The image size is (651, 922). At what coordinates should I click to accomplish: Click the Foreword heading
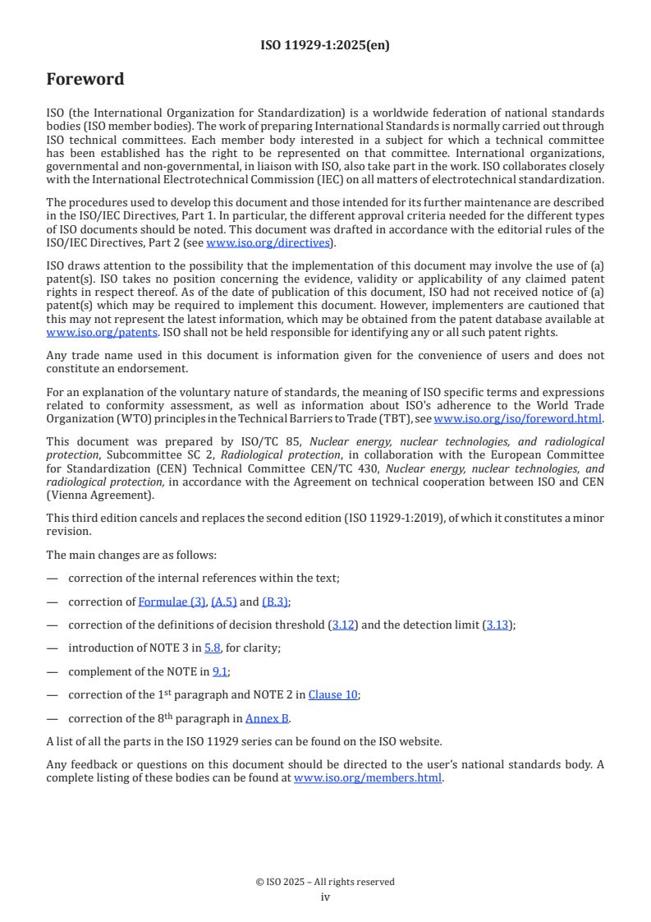click(x=85, y=80)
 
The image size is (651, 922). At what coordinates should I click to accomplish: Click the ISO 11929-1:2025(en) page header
click(x=325, y=45)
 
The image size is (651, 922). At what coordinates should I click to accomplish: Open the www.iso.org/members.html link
click(x=368, y=777)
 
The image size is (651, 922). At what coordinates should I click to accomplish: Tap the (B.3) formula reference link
click(x=275, y=602)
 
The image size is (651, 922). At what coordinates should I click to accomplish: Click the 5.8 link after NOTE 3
click(x=213, y=648)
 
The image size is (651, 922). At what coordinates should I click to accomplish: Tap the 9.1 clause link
click(x=220, y=671)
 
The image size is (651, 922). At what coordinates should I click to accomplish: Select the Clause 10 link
click(x=332, y=694)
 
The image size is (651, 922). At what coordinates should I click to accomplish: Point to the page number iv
click(x=325, y=897)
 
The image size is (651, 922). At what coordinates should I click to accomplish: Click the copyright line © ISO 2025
click(x=325, y=882)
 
